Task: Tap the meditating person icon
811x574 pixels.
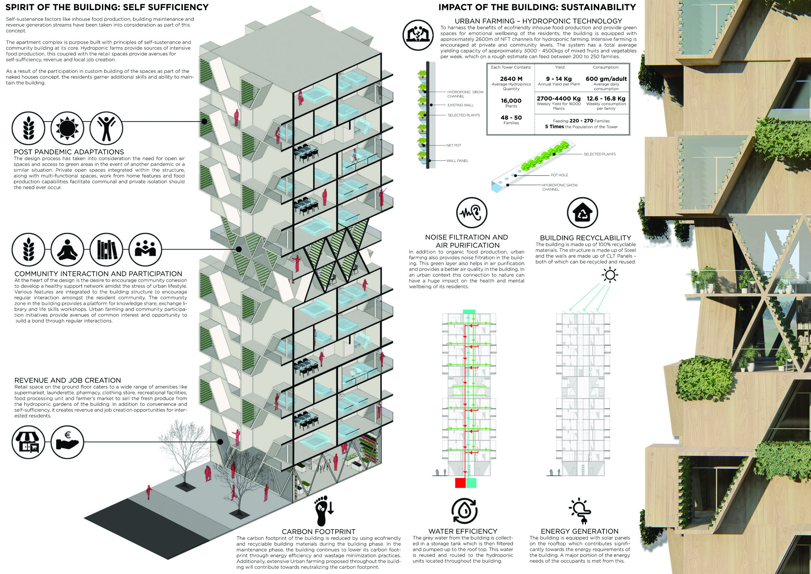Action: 67,250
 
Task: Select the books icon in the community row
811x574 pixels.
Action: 106,250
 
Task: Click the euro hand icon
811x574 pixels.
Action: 67,442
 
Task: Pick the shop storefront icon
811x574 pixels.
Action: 29,442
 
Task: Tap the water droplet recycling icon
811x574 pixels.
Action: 464,511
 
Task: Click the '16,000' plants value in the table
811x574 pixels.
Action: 511,101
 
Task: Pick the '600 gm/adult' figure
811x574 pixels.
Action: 606,79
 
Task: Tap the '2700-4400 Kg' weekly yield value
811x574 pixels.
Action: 558,99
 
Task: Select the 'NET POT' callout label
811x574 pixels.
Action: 454,145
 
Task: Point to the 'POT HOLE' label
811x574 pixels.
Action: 559,175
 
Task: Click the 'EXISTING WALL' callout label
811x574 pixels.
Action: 461,105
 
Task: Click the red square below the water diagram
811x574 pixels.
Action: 460,483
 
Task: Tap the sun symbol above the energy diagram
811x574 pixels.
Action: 611,275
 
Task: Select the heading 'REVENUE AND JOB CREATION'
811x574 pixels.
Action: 67,380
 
